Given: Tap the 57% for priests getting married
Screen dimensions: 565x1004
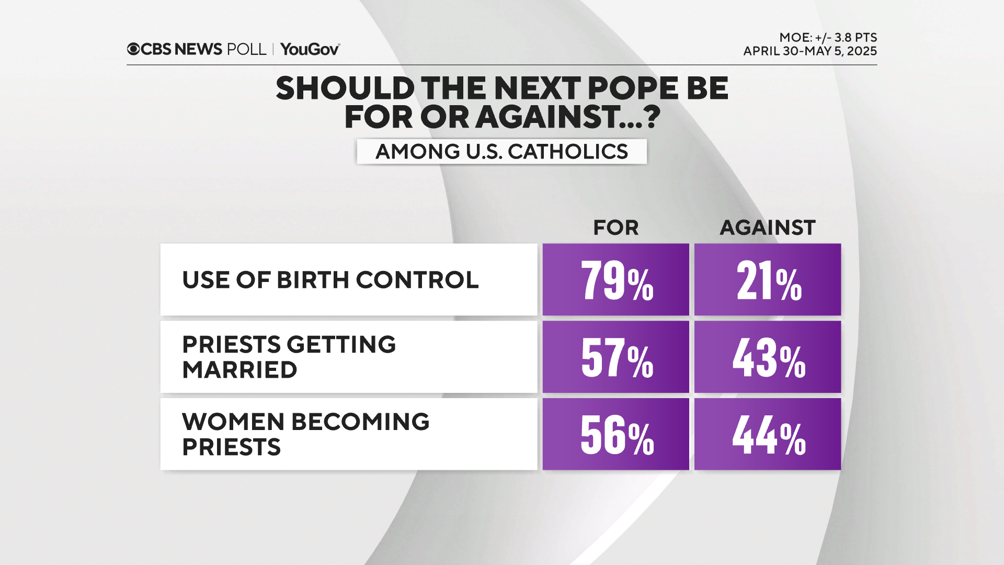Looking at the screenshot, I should (616, 358).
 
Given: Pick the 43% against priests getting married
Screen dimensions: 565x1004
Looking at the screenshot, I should (768, 358).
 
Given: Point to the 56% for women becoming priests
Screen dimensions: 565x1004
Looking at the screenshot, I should (616, 435).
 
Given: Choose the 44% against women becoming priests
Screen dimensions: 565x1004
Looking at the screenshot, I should (768, 435).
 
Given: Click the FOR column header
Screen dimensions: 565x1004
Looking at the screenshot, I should (615, 228).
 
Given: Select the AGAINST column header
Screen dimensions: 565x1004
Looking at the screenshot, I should (767, 228).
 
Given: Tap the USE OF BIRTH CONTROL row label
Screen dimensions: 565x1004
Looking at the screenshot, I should (330, 280).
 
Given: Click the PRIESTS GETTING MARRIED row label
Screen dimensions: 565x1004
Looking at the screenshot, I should (289, 357).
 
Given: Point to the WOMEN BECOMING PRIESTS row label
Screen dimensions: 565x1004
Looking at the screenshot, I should (305, 434).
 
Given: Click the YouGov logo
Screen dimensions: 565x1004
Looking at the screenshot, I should (310, 49).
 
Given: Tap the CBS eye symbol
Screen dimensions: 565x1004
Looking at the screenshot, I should (133, 49).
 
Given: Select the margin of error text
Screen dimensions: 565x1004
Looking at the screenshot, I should (828, 38).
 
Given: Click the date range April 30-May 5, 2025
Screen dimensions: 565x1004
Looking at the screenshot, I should (809, 51).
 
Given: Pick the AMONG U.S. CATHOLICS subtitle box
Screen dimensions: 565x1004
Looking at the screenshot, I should (501, 152).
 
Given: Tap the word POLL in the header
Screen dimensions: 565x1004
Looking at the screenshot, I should (246, 49).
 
